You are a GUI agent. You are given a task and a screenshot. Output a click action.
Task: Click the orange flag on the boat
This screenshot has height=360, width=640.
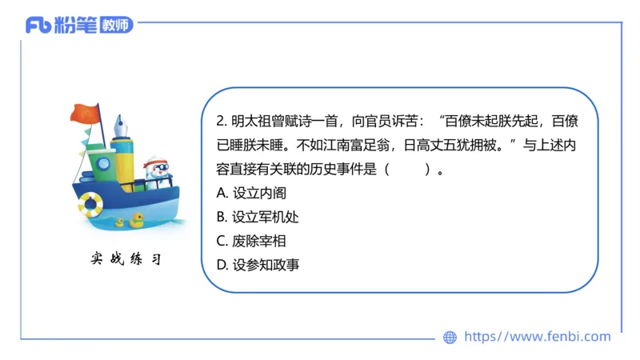(83, 112)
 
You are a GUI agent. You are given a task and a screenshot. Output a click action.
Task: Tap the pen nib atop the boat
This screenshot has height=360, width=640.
(122, 125)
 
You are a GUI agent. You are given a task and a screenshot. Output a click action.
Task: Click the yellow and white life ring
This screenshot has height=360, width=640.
(90, 204)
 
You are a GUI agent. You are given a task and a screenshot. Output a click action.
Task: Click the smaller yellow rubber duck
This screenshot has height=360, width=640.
(120, 222)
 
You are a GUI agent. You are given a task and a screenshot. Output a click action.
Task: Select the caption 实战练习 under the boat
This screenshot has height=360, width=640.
(126, 260)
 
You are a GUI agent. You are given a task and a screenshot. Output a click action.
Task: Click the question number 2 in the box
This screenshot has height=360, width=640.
(221, 122)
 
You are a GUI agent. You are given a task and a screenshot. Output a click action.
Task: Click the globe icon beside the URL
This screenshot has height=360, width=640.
(450, 338)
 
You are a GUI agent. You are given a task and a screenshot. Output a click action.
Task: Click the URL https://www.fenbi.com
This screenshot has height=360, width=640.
(537, 337)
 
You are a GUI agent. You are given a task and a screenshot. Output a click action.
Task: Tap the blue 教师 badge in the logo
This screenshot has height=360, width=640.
(117, 25)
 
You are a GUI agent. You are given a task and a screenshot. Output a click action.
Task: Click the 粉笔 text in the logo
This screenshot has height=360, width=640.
(76, 25)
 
